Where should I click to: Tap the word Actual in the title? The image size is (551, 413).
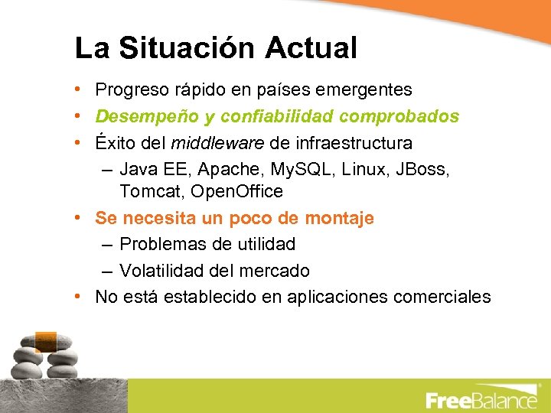(x=311, y=48)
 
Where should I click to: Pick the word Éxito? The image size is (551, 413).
(x=116, y=143)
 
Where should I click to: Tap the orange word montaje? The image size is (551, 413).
(x=339, y=218)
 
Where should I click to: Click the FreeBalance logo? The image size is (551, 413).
(x=481, y=400)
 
